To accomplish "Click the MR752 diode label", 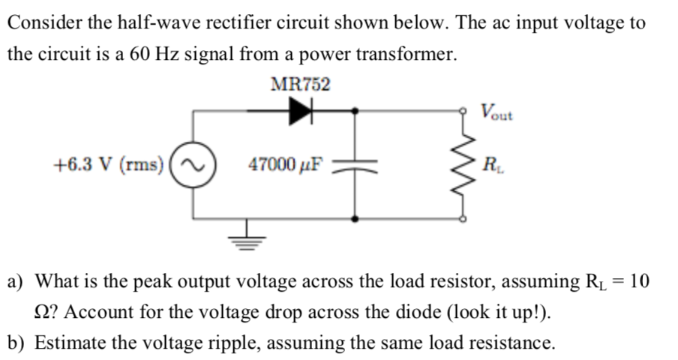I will point(299,84).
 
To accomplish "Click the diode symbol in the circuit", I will point(301,111).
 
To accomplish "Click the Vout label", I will point(496,112).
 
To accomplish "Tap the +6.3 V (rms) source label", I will point(109,164).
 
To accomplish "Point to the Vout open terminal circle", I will point(463,110).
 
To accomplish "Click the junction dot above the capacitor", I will point(355,111).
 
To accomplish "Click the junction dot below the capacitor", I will point(355,220).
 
